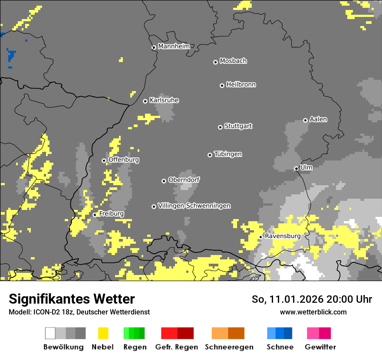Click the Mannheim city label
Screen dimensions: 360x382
[174, 46]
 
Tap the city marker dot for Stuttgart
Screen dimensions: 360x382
[220, 127]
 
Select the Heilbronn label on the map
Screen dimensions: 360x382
[241, 85]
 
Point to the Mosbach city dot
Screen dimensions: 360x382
[215, 62]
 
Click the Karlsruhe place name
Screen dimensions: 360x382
[164, 100]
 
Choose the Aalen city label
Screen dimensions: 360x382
[318, 119]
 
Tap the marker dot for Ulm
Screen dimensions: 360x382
[296, 168]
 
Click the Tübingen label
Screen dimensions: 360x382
[228, 154]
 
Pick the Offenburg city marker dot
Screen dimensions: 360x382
[104, 160]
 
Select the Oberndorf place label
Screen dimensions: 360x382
[184, 180]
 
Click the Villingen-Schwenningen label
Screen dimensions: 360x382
[194, 206]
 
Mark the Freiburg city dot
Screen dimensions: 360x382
[95, 215]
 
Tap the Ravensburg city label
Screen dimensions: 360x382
[283, 236]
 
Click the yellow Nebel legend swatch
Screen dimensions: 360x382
[103, 333]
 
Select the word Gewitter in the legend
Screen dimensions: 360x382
[320, 347]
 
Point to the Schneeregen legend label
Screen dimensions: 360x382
[229, 347]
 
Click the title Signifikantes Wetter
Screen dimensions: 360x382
[72, 299]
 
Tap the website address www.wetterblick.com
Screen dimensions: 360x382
[313, 312]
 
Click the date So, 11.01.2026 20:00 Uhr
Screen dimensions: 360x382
[312, 299]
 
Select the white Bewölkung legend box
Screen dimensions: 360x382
[50, 333]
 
